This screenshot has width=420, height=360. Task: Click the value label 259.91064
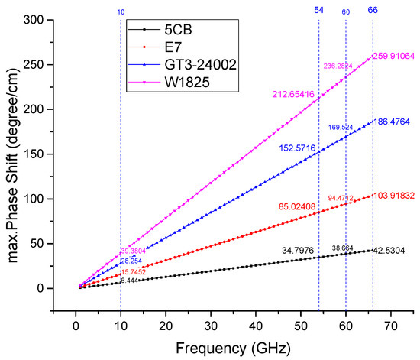[x=393, y=56]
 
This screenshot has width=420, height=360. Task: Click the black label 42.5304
[x=391, y=250]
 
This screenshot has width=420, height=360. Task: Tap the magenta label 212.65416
[x=294, y=94]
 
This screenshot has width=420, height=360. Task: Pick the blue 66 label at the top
[x=373, y=9]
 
